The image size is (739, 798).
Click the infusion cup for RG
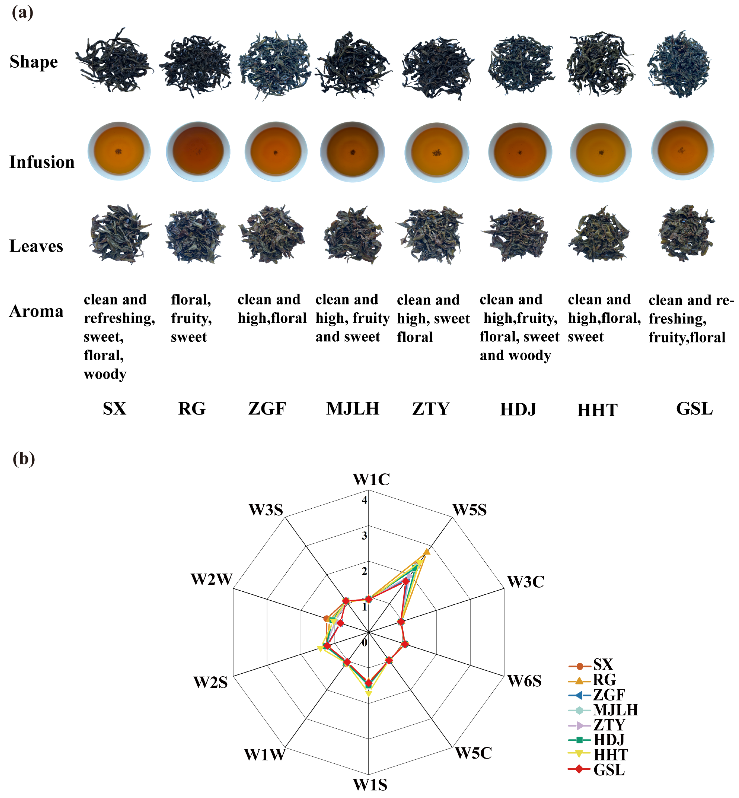pos(198,152)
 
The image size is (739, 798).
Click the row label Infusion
pos(42,162)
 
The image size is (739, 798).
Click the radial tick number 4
pos(364,500)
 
